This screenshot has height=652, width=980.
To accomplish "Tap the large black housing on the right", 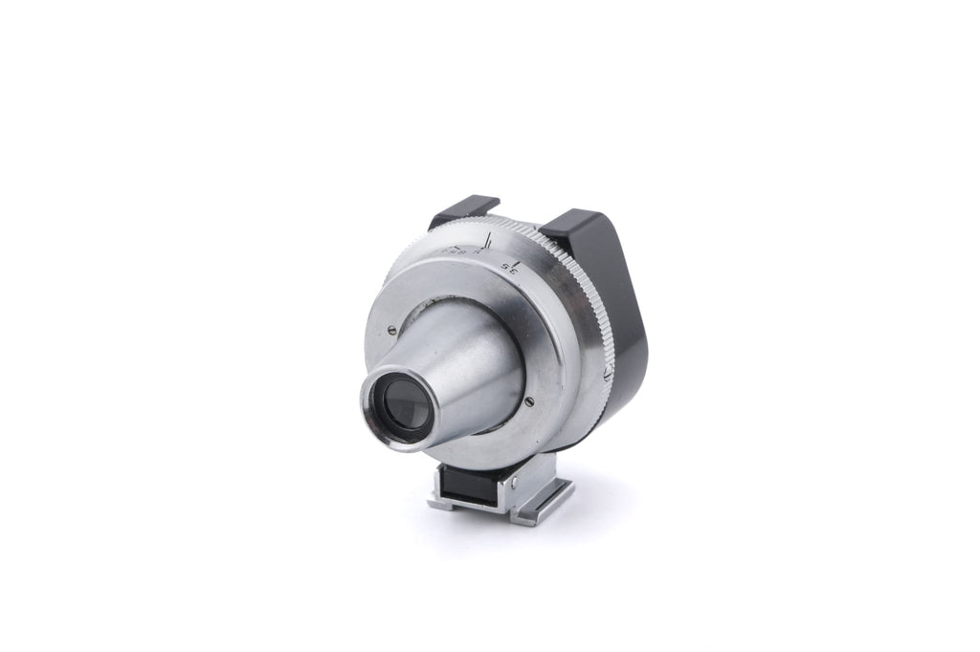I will pyautogui.click(x=612, y=287).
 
